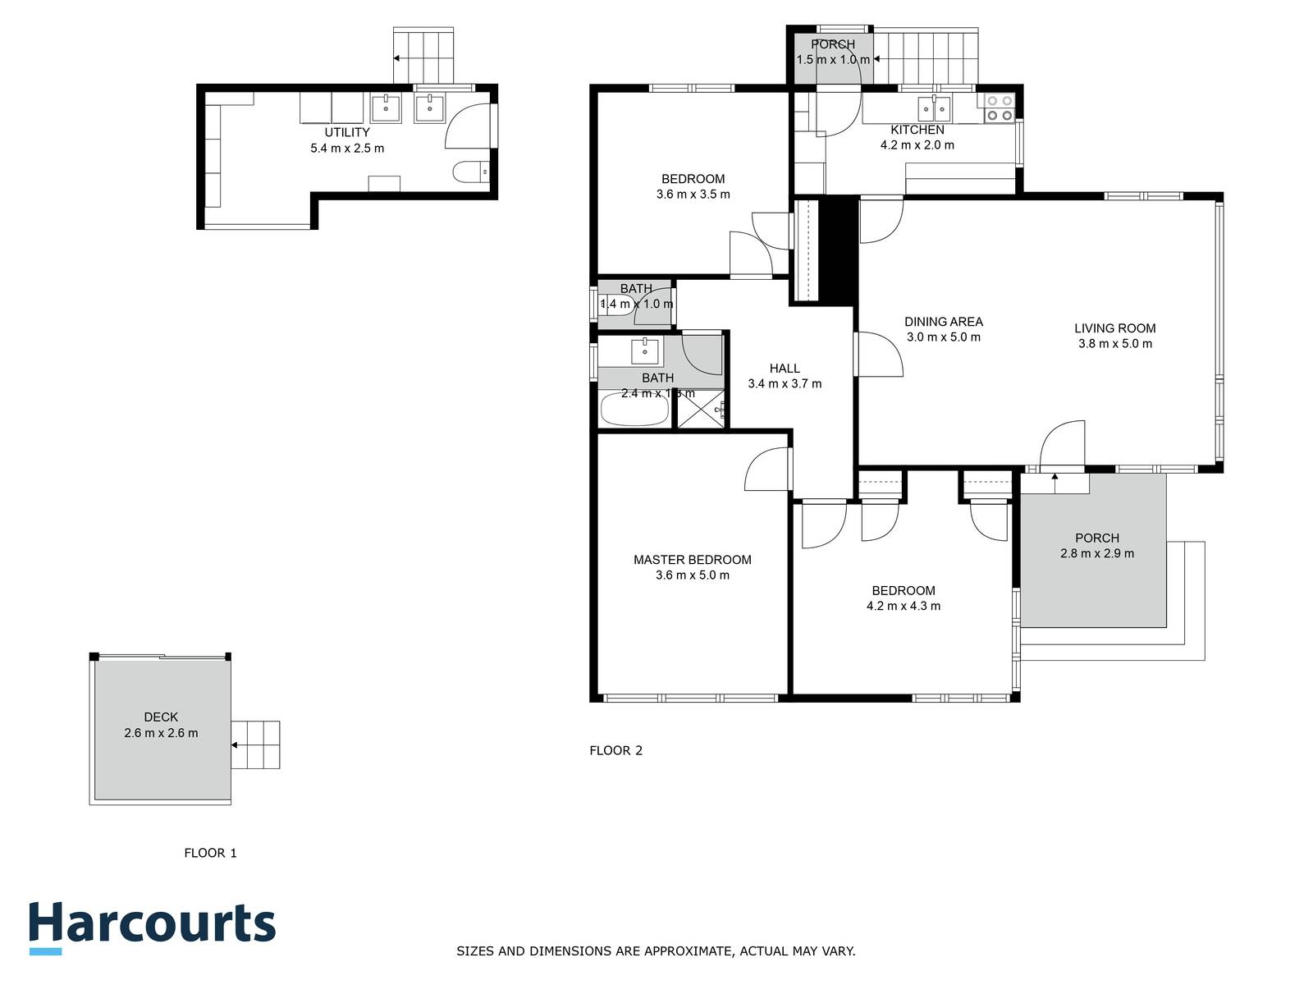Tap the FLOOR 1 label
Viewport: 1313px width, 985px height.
pyautogui.click(x=210, y=853)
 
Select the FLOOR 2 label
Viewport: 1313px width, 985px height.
pyautogui.click(x=615, y=750)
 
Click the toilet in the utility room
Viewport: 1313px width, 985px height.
pyautogui.click(x=470, y=172)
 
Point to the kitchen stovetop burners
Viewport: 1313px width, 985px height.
pyautogui.click(x=1000, y=108)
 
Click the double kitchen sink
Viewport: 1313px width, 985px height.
pyautogui.click(x=934, y=108)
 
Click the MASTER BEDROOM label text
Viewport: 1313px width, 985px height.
pyautogui.click(x=692, y=560)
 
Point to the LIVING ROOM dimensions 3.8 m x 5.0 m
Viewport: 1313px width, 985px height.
pyautogui.click(x=1114, y=344)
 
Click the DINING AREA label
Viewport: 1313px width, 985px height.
pyautogui.click(x=943, y=322)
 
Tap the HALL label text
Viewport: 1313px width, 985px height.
pyautogui.click(x=785, y=369)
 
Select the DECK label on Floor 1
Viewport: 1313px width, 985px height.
pyautogui.click(x=161, y=717)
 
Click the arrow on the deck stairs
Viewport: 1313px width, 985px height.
pyautogui.click(x=236, y=745)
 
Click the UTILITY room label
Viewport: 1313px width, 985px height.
pyautogui.click(x=346, y=132)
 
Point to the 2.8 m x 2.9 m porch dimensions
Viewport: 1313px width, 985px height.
pyautogui.click(x=1096, y=553)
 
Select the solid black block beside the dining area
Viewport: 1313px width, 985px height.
pyautogui.click(x=839, y=250)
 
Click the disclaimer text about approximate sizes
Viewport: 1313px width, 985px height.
pyautogui.click(x=656, y=951)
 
